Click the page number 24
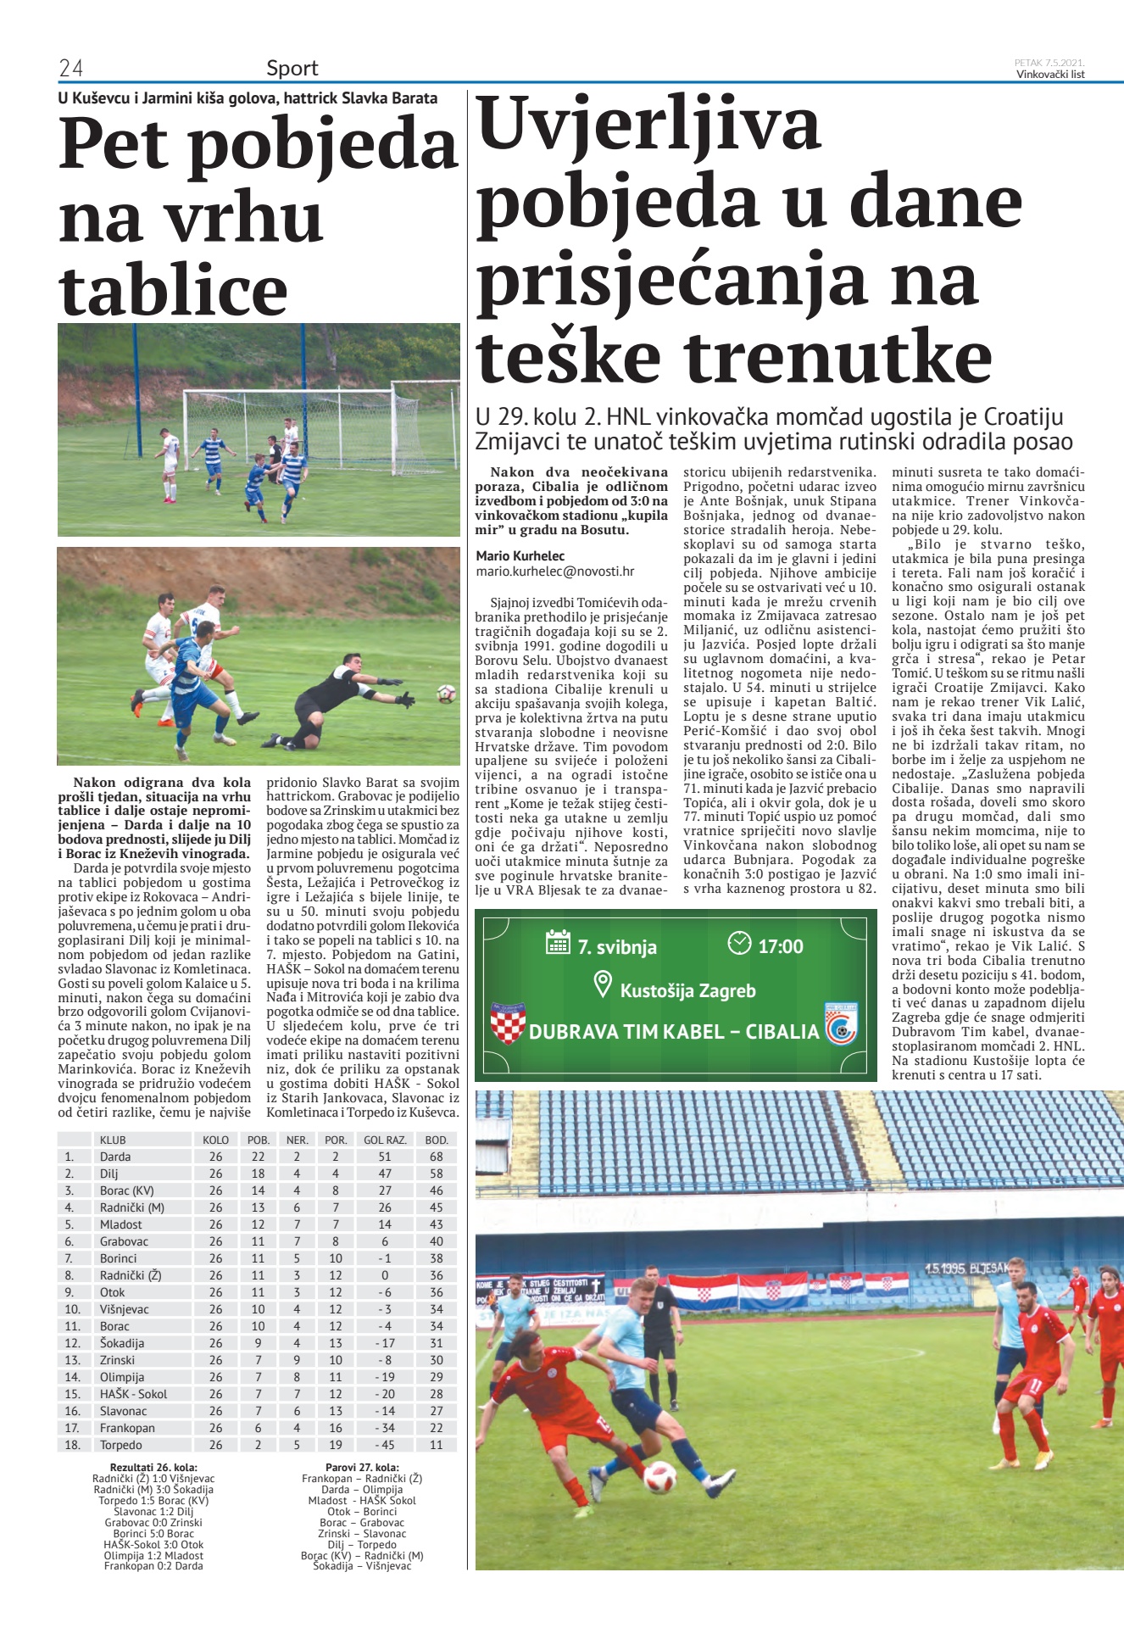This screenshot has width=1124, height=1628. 70,68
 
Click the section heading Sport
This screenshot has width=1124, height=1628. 292,68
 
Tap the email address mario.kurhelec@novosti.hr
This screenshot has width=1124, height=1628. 554,571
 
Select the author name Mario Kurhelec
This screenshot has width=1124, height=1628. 520,555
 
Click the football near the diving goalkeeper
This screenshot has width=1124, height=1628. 446,694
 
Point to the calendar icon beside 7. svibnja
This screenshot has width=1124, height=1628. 558,942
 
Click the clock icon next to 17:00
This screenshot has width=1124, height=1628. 739,943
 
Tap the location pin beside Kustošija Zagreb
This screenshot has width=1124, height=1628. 603,985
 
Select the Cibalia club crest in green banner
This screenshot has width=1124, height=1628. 841,1024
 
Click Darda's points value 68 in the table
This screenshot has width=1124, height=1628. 436,1157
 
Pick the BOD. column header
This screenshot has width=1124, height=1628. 436,1140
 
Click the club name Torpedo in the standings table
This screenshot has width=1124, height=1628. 121,1445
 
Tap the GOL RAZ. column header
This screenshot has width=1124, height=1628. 385,1140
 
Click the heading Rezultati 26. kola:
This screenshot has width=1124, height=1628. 153,1467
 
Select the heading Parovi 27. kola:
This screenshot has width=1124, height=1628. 362,1467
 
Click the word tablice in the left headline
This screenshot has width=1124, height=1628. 174,290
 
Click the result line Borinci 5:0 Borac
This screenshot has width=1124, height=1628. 153,1534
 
